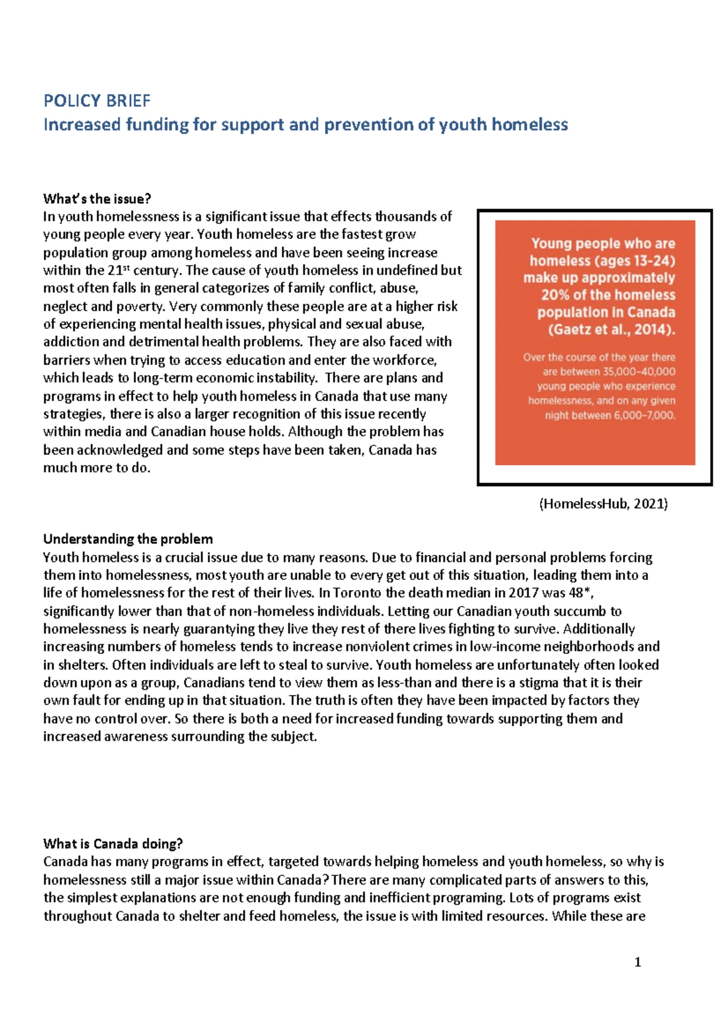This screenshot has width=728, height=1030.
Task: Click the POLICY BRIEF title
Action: (97, 101)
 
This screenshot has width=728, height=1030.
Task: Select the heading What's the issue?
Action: (97, 199)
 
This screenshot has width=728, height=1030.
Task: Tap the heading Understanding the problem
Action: (128, 539)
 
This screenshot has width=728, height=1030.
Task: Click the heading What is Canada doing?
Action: (113, 844)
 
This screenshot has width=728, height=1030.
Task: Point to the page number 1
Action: (637, 962)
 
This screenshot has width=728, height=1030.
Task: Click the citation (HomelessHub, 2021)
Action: (603, 503)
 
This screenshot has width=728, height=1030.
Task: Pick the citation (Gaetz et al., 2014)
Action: (612, 329)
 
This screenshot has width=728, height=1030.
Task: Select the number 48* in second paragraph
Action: (584, 593)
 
